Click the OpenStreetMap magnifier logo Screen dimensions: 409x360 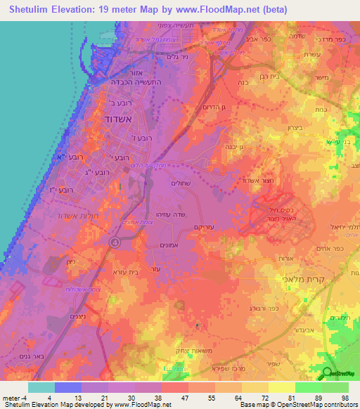point(328,373)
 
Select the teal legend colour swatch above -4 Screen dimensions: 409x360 point(41,387)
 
